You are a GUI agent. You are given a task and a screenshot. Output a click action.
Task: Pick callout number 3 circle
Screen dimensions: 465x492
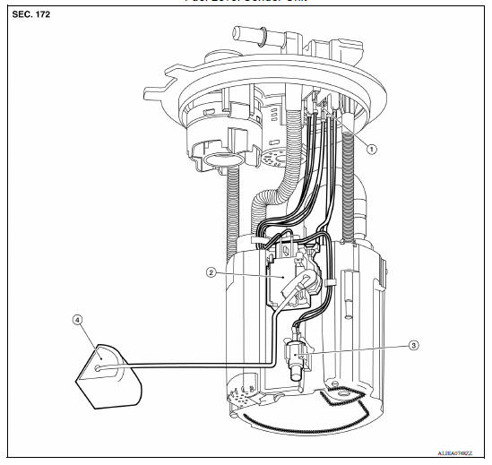click(388, 343)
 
